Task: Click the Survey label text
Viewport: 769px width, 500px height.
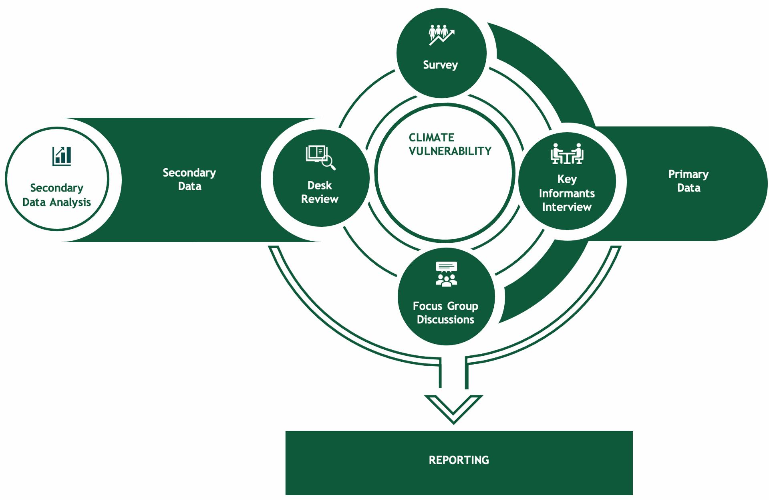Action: (440, 65)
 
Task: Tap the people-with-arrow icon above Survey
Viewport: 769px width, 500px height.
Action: (441, 34)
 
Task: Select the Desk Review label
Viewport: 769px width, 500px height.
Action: (320, 192)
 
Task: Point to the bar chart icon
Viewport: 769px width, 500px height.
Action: (62, 156)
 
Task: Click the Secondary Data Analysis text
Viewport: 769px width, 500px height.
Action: (57, 195)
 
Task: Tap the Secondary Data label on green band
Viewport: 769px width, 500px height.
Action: (189, 179)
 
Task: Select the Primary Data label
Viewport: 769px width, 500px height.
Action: (688, 181)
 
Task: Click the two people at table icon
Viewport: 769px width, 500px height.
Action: (567, 154)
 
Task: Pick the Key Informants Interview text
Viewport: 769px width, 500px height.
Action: (567, 193)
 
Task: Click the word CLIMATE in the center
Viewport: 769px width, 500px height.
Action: (431, 138)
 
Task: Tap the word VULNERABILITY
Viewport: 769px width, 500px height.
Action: (450, 151)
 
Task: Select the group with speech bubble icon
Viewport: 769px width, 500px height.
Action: (446, 274)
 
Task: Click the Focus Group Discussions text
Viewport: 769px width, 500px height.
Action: (445, 313)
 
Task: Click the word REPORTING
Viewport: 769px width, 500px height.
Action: (459, 460)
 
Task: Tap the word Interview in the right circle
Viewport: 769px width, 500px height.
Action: (567, 207)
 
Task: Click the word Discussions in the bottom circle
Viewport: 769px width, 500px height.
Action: (445, 320)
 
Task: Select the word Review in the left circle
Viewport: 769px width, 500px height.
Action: (320, 199)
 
